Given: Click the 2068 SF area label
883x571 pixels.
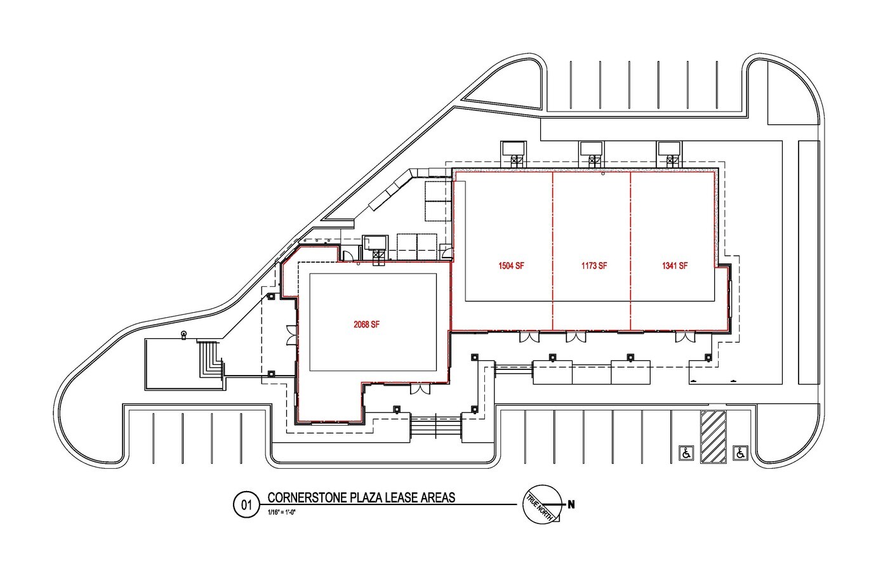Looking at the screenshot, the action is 367,325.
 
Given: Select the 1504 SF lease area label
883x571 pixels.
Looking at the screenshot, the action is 511,266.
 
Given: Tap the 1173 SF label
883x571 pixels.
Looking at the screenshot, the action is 594,266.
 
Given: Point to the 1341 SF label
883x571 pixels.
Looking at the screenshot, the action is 675,266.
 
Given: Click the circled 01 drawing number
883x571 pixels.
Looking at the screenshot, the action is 246,505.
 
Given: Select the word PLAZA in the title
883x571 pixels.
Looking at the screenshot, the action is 366,497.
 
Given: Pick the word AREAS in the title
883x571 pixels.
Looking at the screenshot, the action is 438,497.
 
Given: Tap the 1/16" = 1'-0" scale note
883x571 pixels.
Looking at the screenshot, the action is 281,513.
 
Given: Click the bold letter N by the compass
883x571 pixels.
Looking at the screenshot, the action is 571,504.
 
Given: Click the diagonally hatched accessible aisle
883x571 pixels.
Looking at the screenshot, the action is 713,437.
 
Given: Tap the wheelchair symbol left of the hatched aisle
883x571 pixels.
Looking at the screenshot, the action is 686,453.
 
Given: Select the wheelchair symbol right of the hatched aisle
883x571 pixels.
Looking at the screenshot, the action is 740,453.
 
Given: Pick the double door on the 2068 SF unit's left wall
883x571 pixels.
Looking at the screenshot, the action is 291,336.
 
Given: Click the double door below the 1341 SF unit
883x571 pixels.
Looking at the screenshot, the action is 685,337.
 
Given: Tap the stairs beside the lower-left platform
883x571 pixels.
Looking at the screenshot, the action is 210,359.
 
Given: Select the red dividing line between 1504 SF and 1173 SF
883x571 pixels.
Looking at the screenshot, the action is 553,251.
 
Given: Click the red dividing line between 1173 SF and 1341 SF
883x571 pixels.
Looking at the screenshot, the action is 630,251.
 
